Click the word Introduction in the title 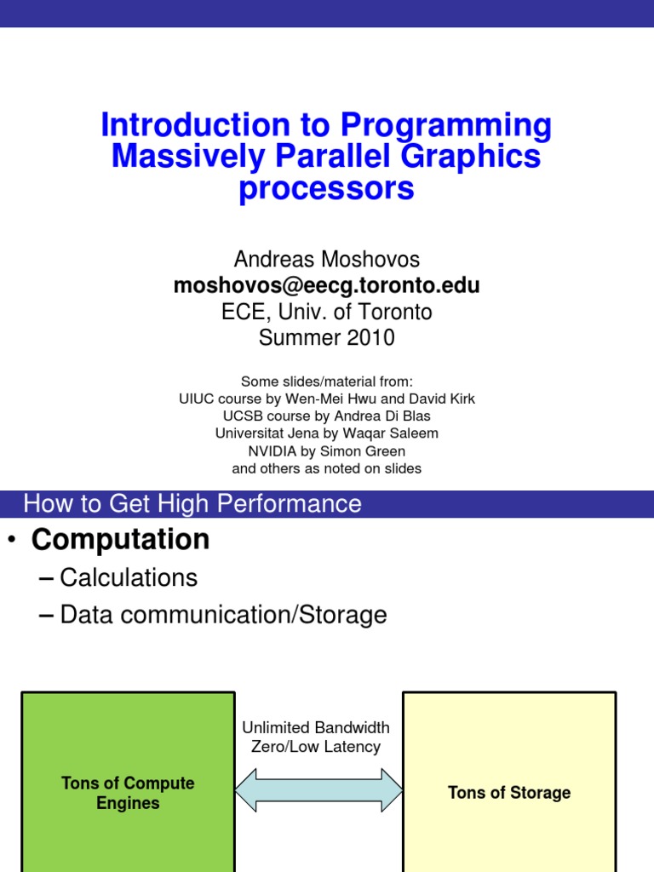coord(195,124)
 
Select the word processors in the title coord(326,188)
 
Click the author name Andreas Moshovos coord(326,259)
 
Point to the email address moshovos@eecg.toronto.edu coord(326,285)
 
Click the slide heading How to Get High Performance coord(192,503)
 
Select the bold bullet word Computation coord(120,539)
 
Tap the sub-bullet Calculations coord(129,578)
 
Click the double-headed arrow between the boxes coord(318,789)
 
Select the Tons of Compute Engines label coord(128,793)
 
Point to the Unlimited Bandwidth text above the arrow coord(316,727)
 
